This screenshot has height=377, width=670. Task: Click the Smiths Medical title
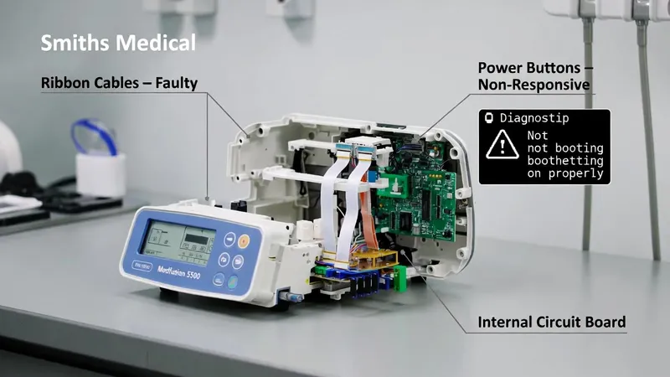pos(118,42)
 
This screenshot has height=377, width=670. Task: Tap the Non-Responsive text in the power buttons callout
pos(534,85)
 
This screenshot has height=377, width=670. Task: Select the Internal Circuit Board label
pos(551,322)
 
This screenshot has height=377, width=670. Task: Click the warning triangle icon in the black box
pos(502,146)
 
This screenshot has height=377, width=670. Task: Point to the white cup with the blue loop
pos(100,165)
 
